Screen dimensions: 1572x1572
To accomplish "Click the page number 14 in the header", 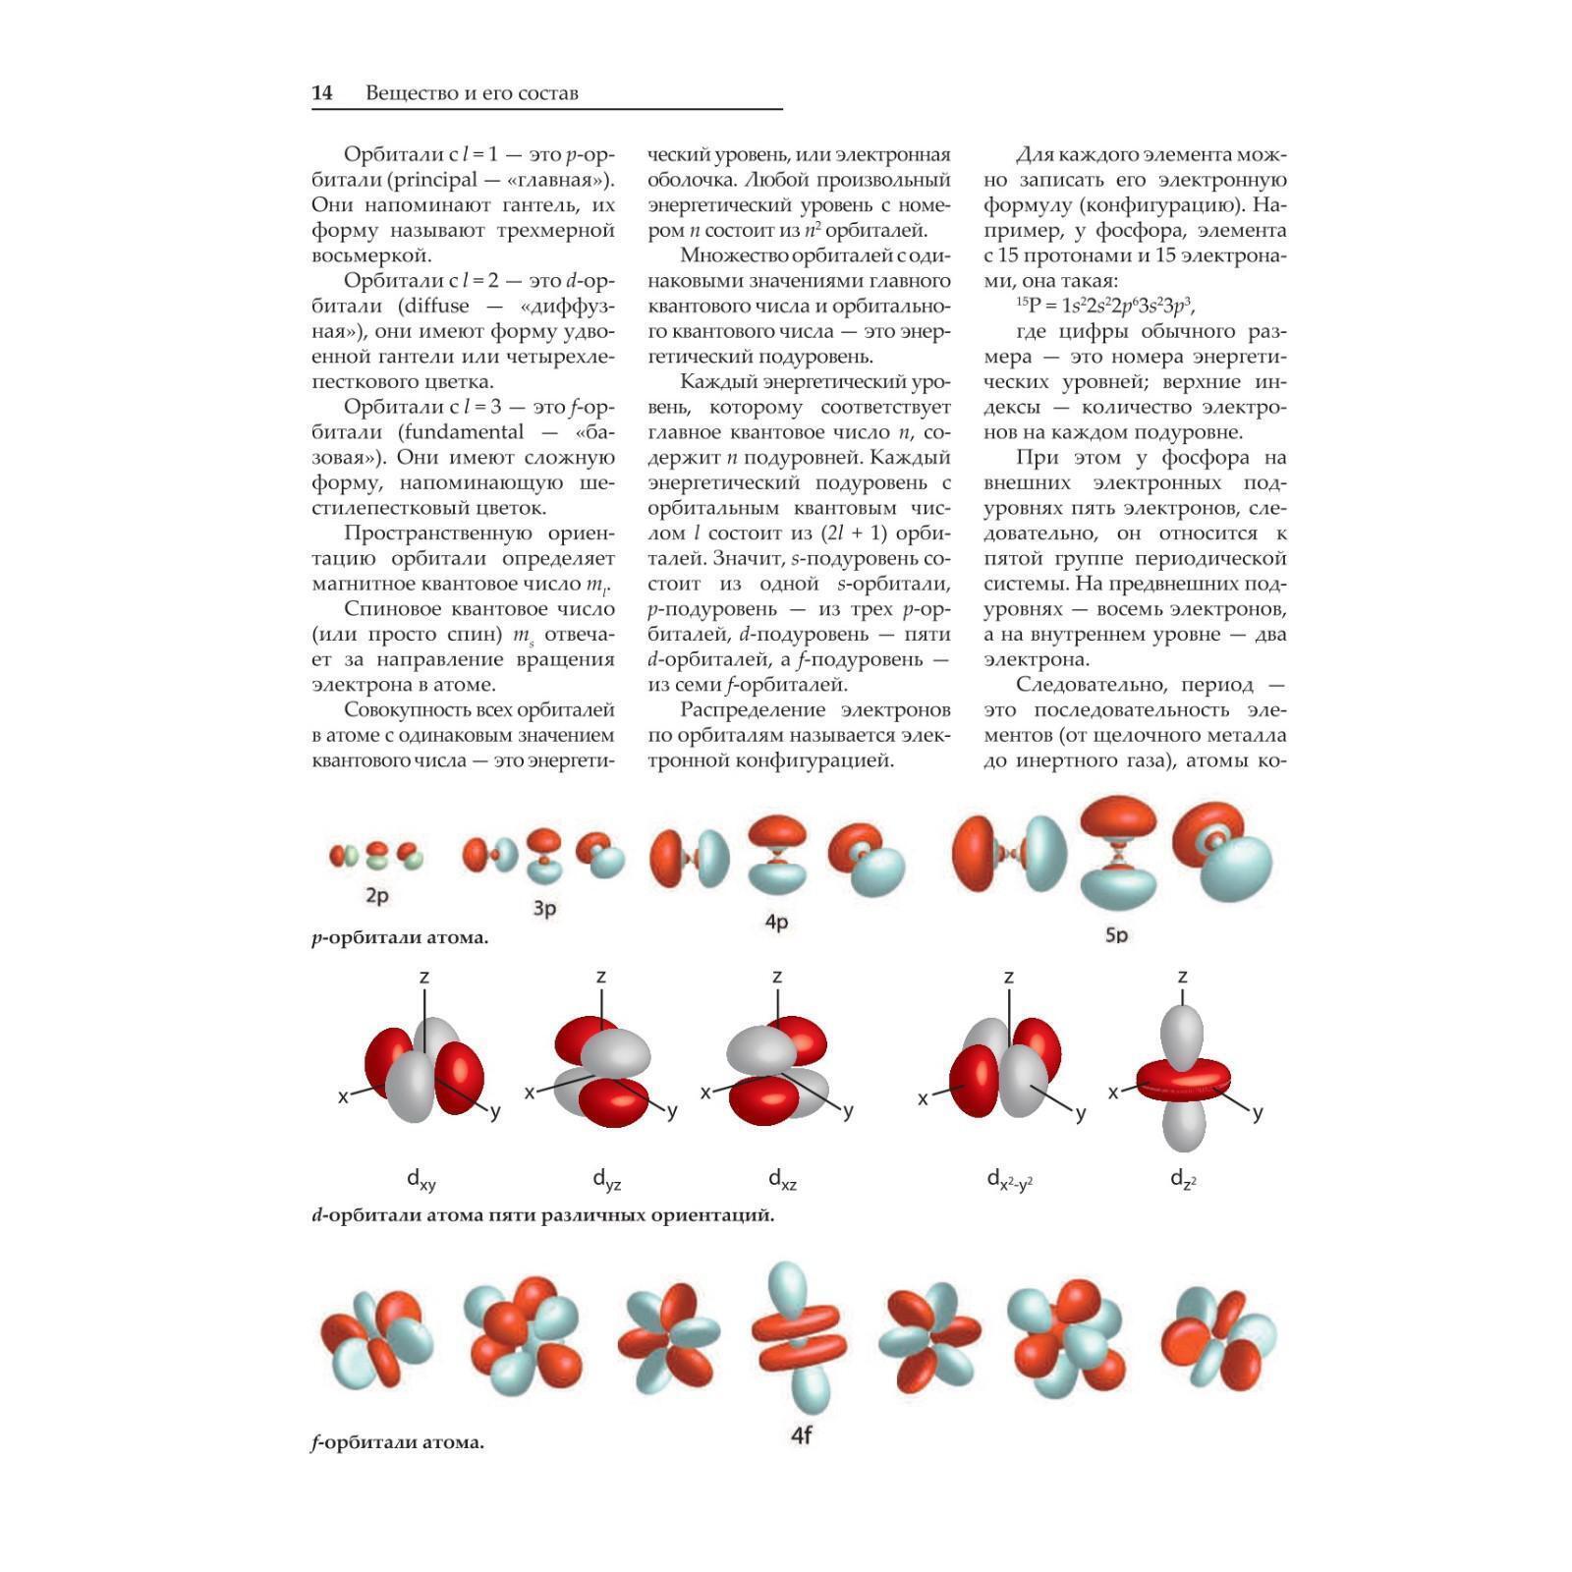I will (322, 93).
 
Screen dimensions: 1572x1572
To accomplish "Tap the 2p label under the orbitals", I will (376, 895).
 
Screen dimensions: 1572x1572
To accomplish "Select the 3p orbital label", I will (544, 908).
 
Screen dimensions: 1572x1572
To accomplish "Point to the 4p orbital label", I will (776, 922).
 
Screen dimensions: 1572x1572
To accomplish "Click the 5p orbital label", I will (1116, 934).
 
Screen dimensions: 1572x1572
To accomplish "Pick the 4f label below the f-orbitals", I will (801, 1435).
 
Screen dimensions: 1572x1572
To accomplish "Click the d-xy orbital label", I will (421, 1179).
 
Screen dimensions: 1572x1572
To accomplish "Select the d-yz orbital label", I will (606, 1179).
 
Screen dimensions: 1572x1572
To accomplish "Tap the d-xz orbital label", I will (782, 1179).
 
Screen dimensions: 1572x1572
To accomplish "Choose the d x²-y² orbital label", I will (1009, 1179).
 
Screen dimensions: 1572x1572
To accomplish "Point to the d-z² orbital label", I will (1183, 1179).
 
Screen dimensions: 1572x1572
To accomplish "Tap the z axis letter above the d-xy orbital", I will (424, 977).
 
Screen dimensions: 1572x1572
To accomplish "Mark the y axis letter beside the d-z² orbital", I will (1258, 1112).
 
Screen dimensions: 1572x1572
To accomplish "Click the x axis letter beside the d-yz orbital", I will (530, 1092).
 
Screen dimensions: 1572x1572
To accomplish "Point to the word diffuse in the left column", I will (434, 306).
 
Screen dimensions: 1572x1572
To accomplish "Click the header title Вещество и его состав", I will (472, 93).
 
